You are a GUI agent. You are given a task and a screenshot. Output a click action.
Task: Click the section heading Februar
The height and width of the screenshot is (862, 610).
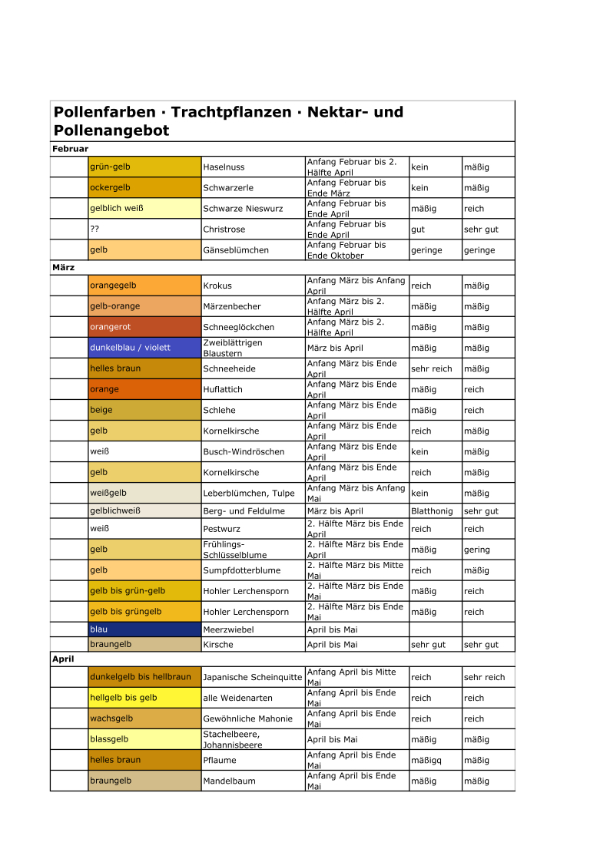point(70,149)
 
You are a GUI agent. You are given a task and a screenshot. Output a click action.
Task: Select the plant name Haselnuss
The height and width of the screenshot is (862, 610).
point(224,167)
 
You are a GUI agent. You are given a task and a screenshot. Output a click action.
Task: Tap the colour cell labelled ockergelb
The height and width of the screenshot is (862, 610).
point(144,188)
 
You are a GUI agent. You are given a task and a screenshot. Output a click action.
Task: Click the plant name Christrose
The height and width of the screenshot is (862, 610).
point(224,230)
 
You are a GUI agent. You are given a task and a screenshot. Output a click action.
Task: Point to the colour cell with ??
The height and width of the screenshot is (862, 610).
point(144,230)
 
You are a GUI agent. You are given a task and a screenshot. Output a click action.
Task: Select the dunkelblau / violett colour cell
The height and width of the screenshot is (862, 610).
point(144,348)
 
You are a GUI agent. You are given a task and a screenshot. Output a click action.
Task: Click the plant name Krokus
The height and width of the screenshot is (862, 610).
point(217,286)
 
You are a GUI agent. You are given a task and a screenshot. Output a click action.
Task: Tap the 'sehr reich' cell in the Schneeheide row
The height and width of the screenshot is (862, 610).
point(432,368)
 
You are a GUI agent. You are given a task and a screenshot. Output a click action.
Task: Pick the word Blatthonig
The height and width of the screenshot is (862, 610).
point(432,511)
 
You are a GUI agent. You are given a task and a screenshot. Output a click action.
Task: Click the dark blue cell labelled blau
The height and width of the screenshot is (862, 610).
point(144,629)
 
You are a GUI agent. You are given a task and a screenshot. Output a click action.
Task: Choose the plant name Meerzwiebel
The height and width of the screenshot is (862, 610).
point(228,629)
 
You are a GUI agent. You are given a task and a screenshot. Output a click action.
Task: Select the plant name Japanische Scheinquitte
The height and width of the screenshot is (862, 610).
point(252,678)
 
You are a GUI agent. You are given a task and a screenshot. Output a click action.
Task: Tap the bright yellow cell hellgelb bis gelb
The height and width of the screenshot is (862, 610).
point(144,698)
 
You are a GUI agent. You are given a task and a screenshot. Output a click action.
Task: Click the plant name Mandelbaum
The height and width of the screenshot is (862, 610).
point(229,781)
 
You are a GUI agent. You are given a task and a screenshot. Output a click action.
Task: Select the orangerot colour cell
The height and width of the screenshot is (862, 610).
point(144,327)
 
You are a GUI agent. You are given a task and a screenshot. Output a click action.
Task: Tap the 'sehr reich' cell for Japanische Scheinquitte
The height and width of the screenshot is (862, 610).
point(485,678)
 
